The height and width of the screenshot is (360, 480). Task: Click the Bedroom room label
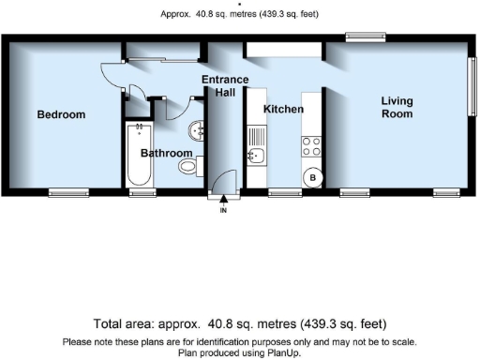61,115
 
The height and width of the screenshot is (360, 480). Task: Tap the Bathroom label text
167,153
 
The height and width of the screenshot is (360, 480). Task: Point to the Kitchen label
282,110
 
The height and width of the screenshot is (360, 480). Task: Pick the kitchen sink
256,155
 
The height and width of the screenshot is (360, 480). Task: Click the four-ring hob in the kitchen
310,146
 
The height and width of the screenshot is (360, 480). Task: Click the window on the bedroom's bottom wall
67,192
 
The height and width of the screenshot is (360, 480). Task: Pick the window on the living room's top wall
361,37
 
